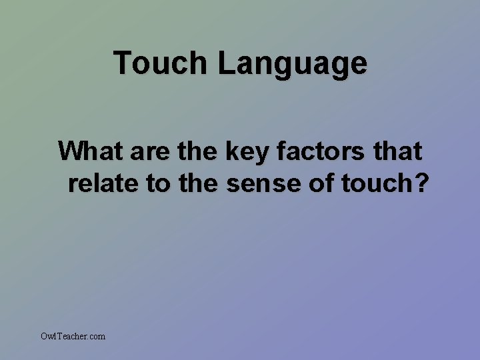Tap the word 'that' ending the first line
[x=399, y=151]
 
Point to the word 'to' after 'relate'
[x=157, y=183]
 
